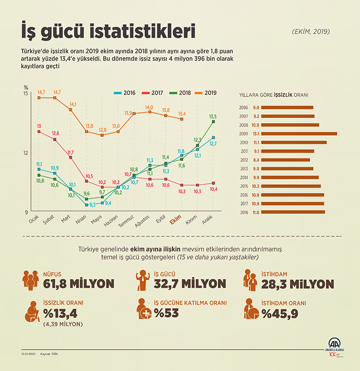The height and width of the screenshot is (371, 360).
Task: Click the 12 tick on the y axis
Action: tap(26, 153)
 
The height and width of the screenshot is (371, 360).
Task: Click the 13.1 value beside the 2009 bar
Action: tap(256, 134)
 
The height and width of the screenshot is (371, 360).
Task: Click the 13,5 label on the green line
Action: tap(213, 116)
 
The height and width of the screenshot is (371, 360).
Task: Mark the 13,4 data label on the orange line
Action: tap(182, 114)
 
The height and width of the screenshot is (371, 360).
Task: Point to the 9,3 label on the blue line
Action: tap(93, 205)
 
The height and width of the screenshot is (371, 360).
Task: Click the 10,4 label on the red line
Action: tap(214, 189)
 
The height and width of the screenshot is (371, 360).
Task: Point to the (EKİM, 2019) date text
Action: tap(311, 32)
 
